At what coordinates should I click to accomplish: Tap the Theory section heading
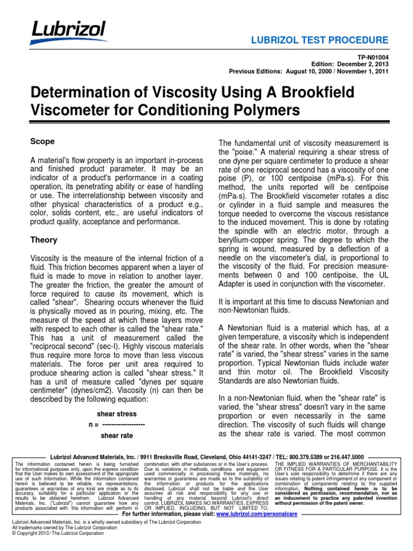pyautogui.click(x=44, y=240)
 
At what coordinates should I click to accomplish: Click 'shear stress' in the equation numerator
pyautogui.click(x=116, y=414)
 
